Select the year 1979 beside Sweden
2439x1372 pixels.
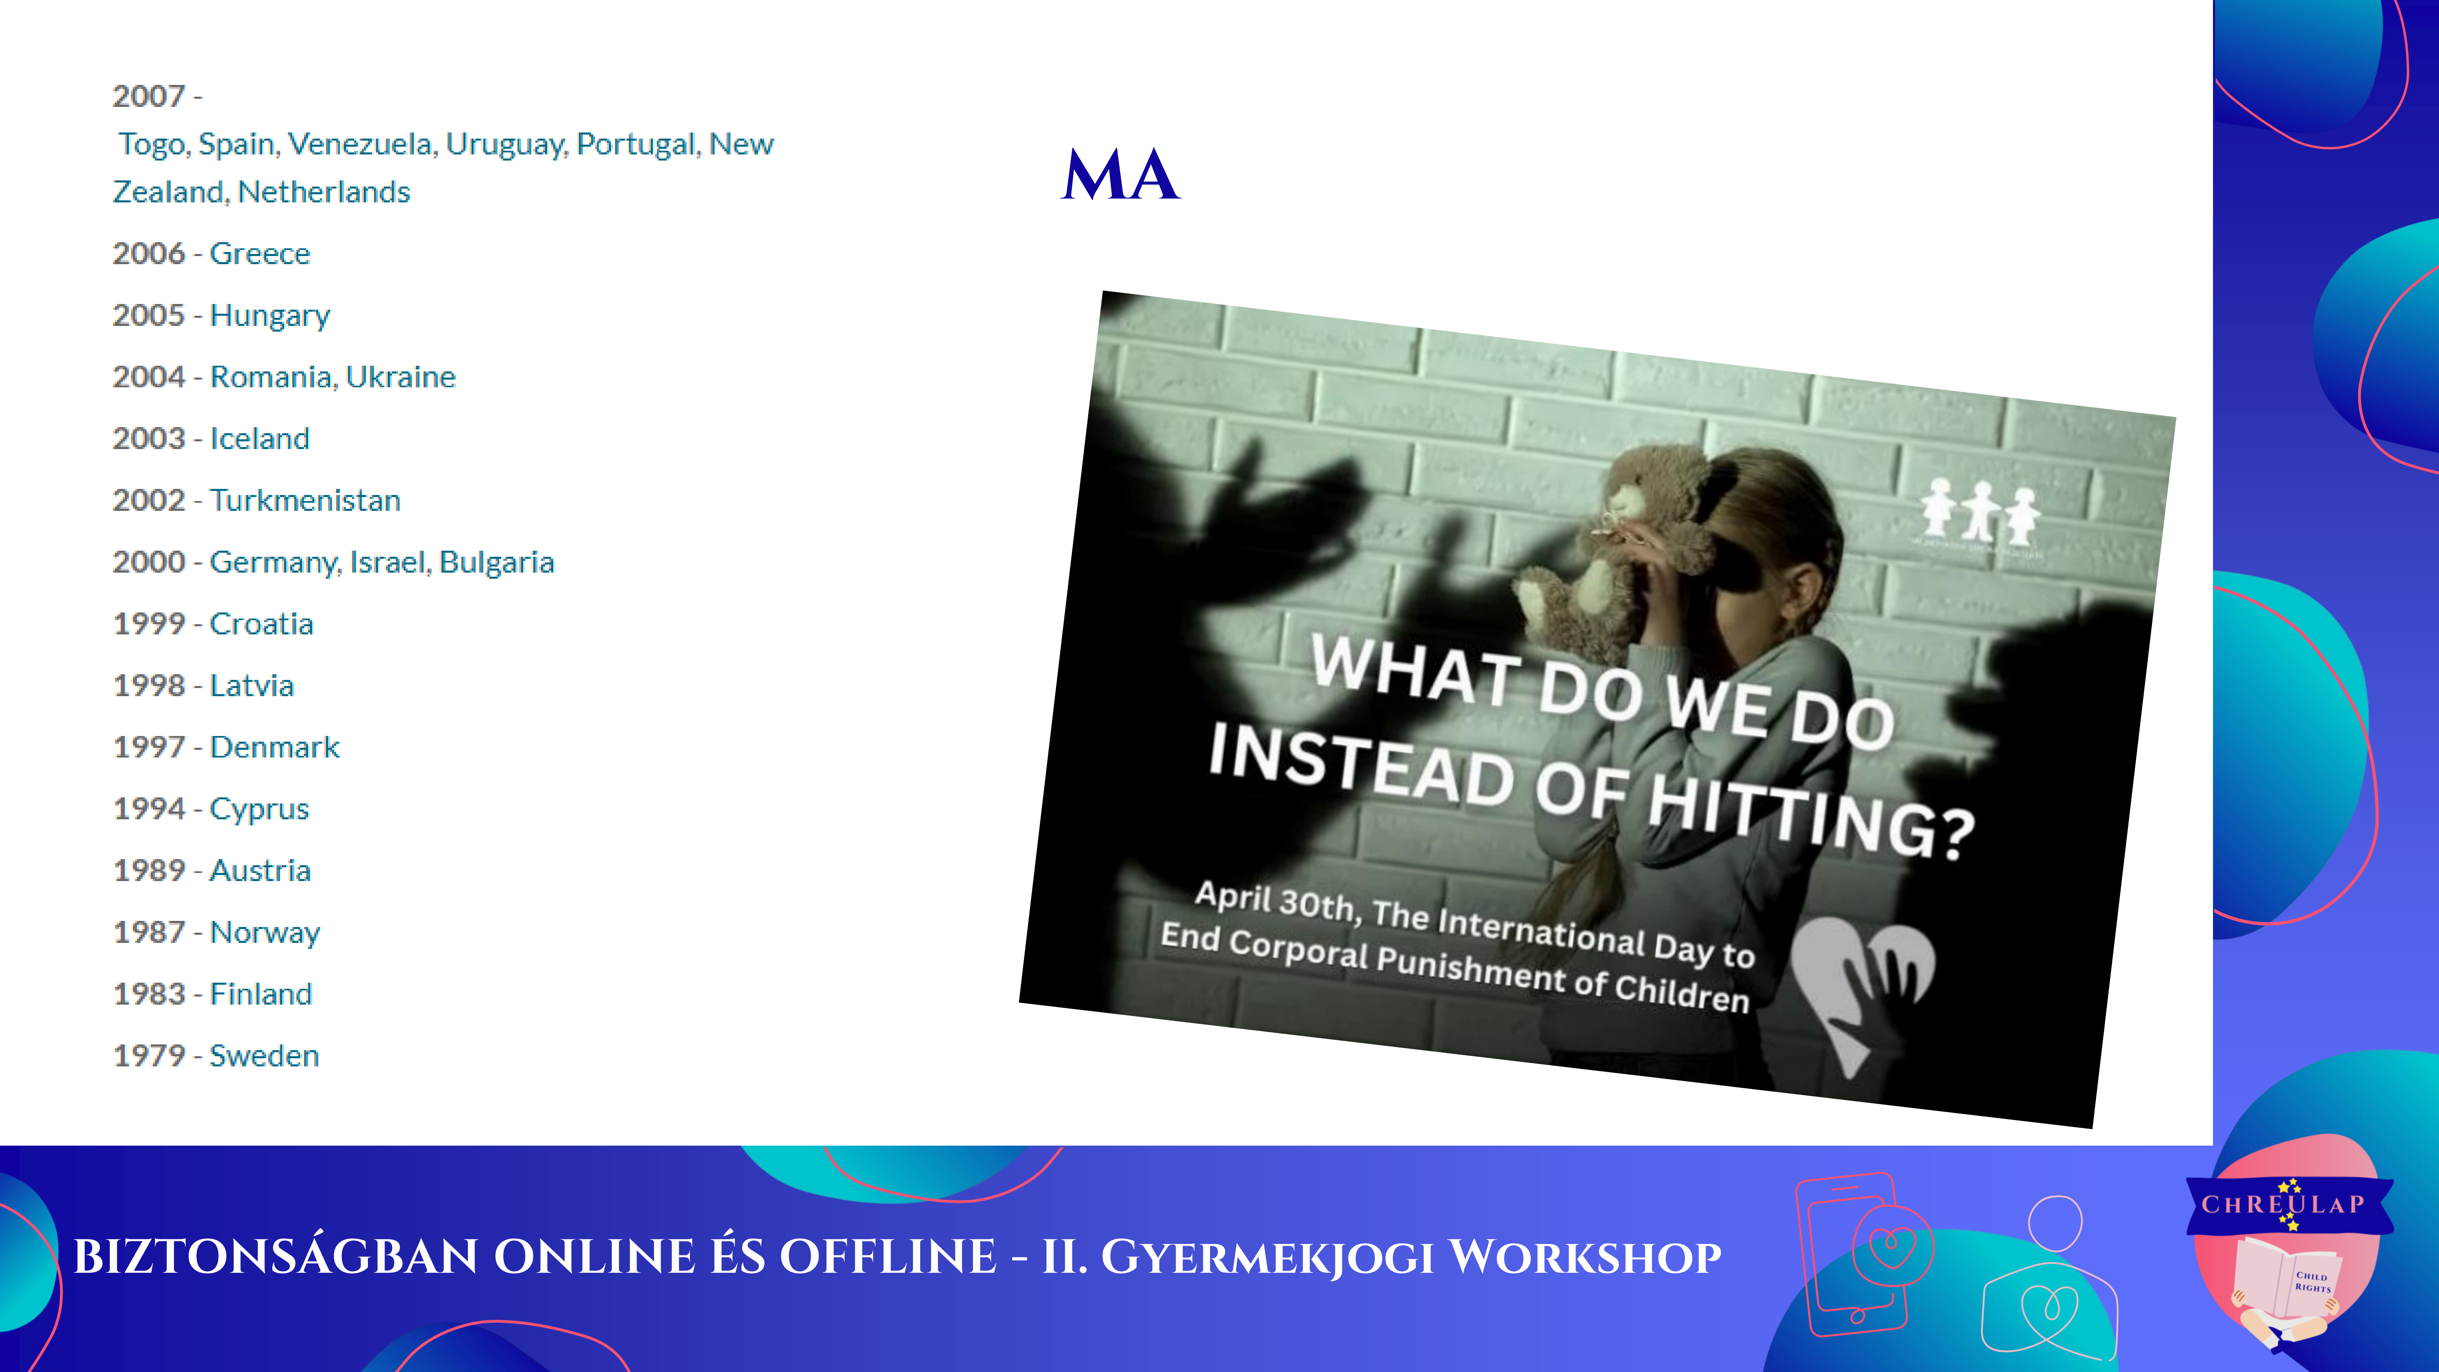(149, 1056)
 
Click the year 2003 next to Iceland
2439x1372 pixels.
(149, 439)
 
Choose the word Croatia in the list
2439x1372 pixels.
(261, 624)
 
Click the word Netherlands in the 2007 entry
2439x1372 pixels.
(324, 192)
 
